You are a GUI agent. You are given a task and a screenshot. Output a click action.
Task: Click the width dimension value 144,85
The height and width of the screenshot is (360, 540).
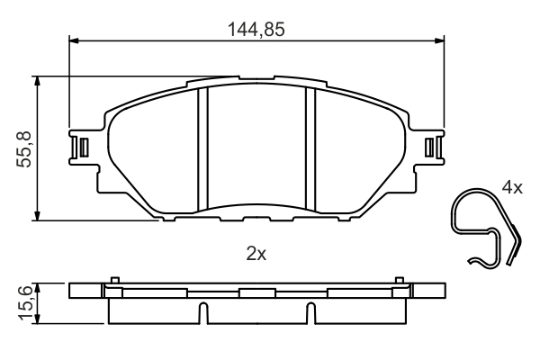pyautogui.click(x=256, y=29)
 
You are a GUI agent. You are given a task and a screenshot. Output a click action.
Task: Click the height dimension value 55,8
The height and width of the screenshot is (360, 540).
pyautogui.click(x=25, y=148)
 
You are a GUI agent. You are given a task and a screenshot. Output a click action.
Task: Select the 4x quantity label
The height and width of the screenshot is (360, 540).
pyautogui.click(x=512, y=188)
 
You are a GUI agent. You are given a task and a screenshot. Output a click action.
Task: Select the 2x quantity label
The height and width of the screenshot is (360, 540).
pyautogui.click(x=256, y=255)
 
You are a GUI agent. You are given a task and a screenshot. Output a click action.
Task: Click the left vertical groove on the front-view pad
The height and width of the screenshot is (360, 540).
pyautogui.click(x=202, y=148)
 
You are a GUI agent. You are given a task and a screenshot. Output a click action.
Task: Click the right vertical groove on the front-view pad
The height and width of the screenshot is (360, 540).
pyautogui.click(x=310, y=148)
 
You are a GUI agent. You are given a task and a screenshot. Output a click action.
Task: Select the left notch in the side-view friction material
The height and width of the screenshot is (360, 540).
pyautogui.click(x=202, y=312)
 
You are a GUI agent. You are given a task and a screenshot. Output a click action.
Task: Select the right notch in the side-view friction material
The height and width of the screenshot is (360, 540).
pyautogui.click(x=310, y=312)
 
